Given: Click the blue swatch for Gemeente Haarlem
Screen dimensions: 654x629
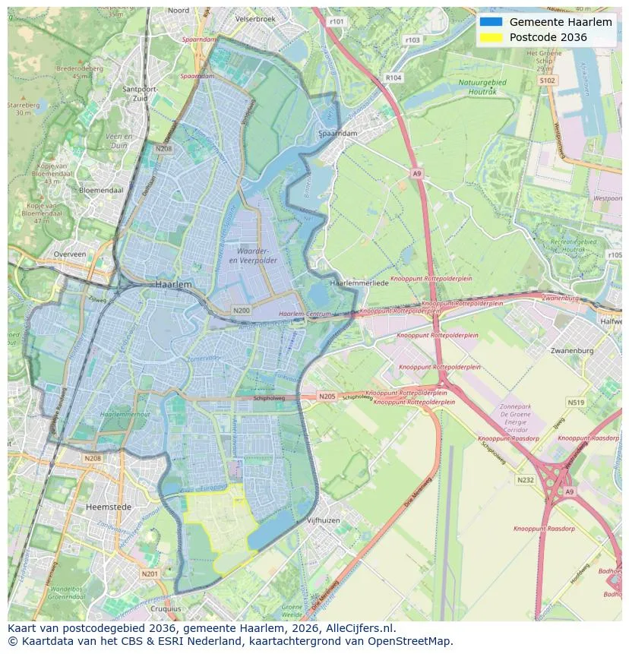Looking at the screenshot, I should [491, 22].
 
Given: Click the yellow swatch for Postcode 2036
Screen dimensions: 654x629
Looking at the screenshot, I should [491, 37].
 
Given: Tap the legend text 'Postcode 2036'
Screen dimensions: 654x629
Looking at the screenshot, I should [548, 37].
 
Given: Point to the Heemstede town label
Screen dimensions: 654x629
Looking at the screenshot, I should [109, 507].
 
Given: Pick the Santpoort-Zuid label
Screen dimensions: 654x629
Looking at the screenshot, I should [139, 93].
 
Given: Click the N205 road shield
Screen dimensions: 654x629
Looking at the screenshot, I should [327, 397].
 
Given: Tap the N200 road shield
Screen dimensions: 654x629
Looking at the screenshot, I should [241, 311].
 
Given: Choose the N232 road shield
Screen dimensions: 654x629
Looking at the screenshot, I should [525, 480].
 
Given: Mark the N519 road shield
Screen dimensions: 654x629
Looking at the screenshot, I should [576, 403].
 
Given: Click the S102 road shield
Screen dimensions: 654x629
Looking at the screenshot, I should [547, 81].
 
